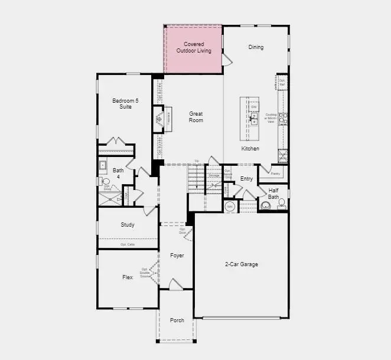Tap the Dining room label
point(256,47)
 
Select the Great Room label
point(196,117)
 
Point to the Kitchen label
point(250,149)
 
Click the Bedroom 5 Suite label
point(126,104)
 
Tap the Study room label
point(128,225)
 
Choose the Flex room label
point(128,277)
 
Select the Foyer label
point(177,256)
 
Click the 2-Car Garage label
point(241,264)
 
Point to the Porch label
point(177,320)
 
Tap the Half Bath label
point(273,193)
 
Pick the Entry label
point(247,179)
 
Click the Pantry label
point(275,174)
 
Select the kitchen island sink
point(253,122)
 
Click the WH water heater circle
point(230,207)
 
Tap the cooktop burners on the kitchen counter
point(284,118)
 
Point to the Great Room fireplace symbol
point(159,120)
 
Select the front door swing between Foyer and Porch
point(176,284)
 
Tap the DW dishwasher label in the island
point(253,107)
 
